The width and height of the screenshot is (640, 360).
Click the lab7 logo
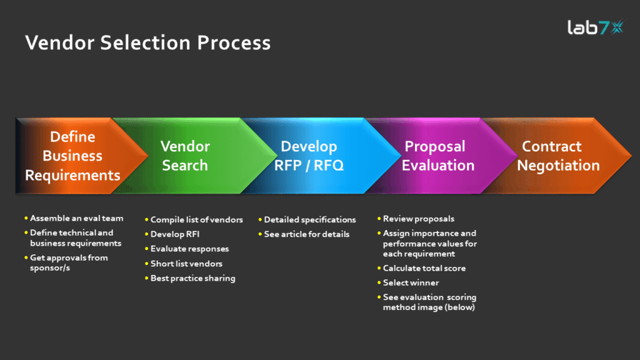pos(595,27)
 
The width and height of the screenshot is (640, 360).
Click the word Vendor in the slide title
pos(59,42)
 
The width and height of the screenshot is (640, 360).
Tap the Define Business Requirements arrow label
pos(72,156)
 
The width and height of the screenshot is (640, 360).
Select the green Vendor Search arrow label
pos(185,156)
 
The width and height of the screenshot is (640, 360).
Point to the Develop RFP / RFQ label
pos(309,156)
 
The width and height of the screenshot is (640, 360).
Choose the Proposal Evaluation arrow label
pos(438,156)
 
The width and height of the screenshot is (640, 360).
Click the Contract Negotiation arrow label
pos(558,156)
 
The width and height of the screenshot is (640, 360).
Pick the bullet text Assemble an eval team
pos(76,218)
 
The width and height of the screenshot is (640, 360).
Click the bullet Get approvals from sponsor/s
pos(69,263)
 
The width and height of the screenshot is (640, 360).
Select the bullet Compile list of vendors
pos(196,219)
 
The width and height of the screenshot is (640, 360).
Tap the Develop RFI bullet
pos(175,234)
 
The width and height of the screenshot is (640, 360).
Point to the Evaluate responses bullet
pos(189,249)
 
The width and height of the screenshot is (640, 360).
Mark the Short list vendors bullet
pos(186,264)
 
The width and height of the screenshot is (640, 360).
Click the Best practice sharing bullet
pos(192,278)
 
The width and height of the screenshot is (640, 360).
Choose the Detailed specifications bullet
pos(310,219)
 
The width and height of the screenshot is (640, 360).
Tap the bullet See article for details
pos(306,234)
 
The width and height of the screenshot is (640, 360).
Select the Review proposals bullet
pos(418,219)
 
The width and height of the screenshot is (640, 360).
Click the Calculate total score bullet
pos(424,268)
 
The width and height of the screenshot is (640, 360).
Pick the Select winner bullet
pos(411,282)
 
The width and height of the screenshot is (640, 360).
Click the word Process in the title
pos(234,42)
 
